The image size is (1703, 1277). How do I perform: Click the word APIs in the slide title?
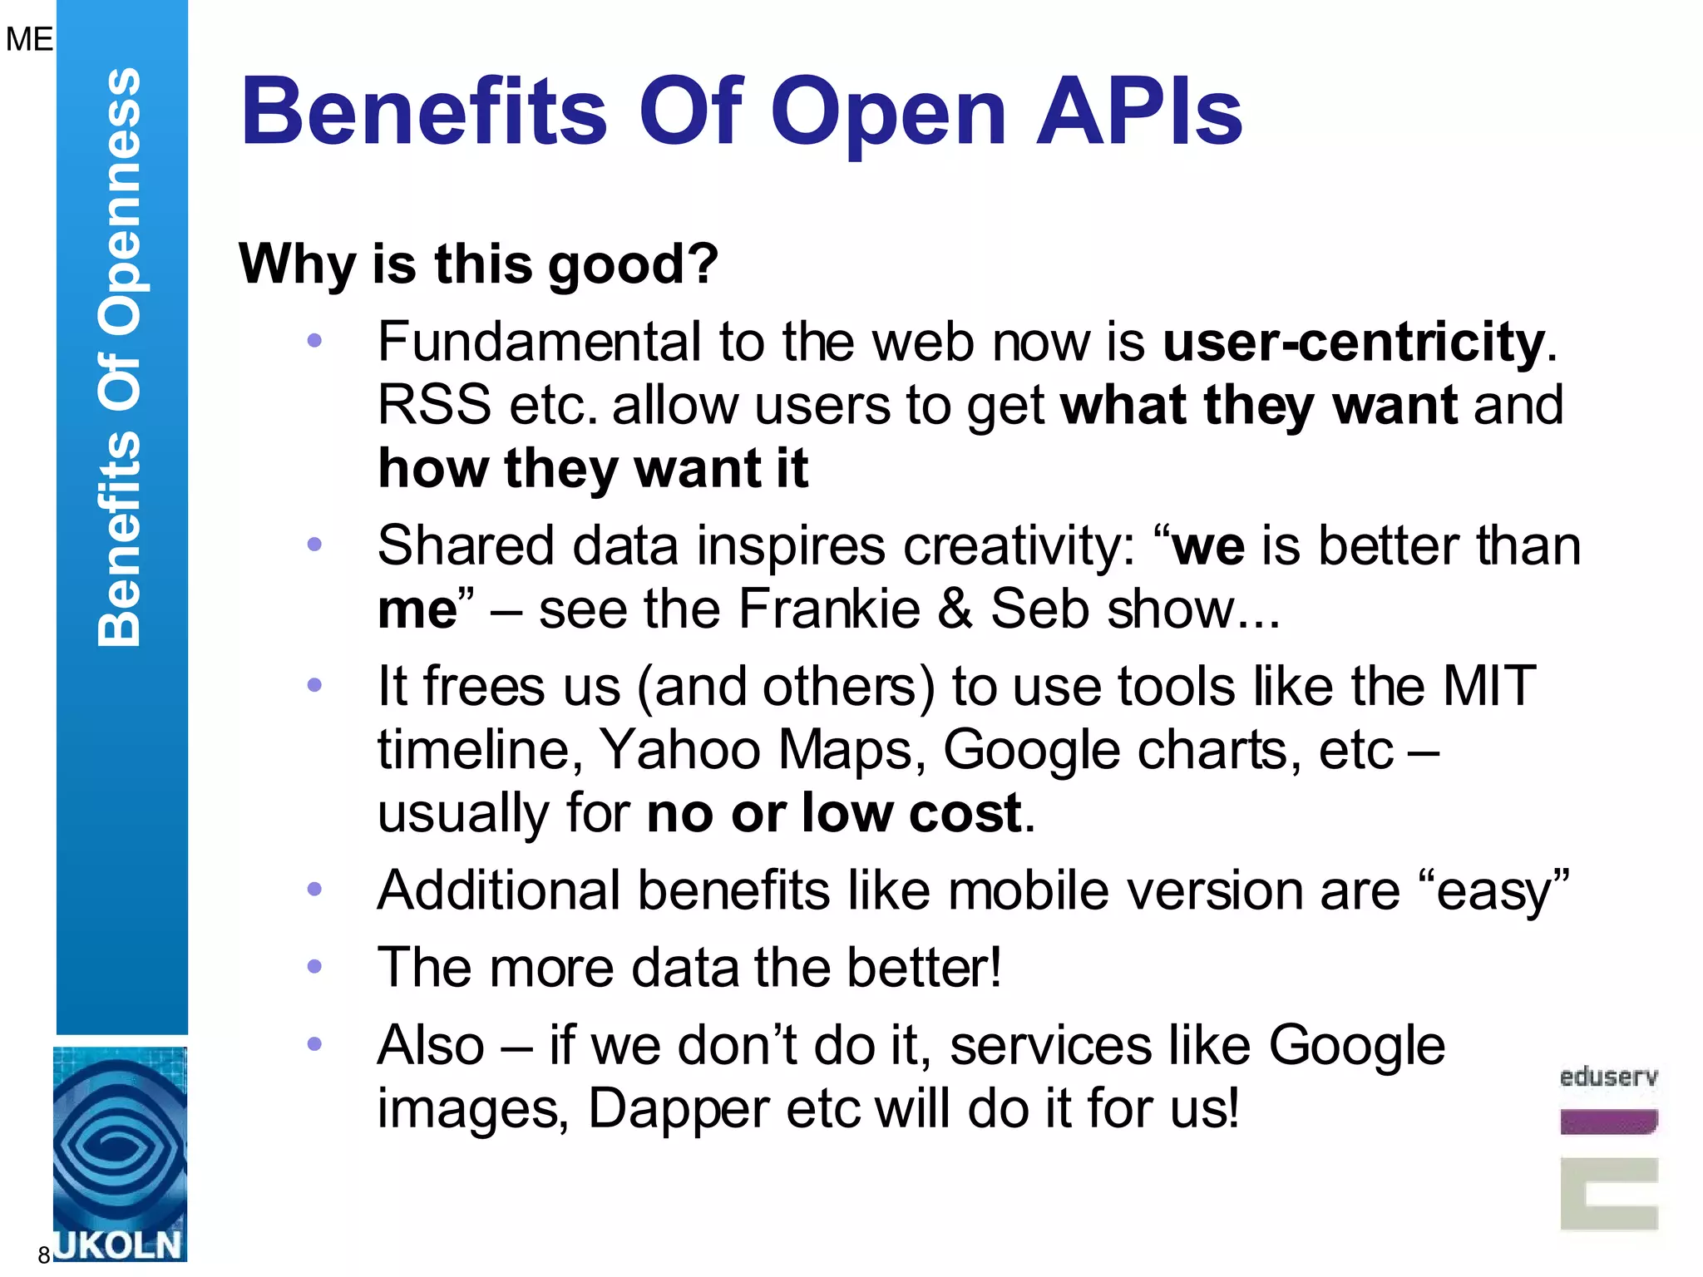pyautogui.click(x=1139, y=112)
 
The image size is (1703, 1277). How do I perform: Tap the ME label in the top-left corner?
pyautogui.click(x=29, y=39)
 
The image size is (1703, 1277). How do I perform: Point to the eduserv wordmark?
pyautogui.click(x=1608, y=1077)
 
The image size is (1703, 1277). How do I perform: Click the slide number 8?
pyautogui.click(x=44, y=1255)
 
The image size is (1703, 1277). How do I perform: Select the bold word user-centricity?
pyautogui.click(x=1354, y=342)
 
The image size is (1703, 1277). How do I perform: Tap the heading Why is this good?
pyautogui.click(x=478, y=264)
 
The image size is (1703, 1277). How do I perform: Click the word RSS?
pyautogui.click(x=434, y=406)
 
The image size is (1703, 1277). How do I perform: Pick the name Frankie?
pyautogui.click(x=829, y=609)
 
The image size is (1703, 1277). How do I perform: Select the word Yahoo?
pyautogui.click(x=680, y=750)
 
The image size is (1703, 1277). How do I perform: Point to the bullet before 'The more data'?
pyautogui.click(x=314, y=967)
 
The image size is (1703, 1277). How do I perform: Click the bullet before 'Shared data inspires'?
pyautogui.click(x=314, y=545)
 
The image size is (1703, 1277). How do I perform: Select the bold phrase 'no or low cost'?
pyautogui.click(x=834, y=813)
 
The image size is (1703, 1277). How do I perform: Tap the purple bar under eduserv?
pyautogui.click(x=1608, y=1122)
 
